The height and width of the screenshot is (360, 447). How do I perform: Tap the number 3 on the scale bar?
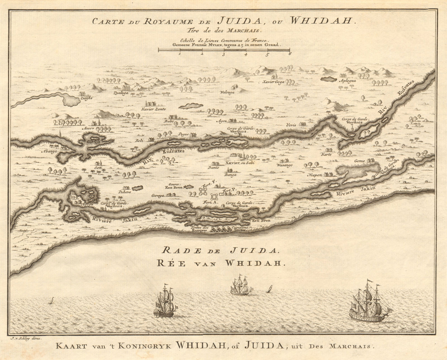(223, 55)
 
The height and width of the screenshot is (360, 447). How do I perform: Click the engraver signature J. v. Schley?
(21, 338)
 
